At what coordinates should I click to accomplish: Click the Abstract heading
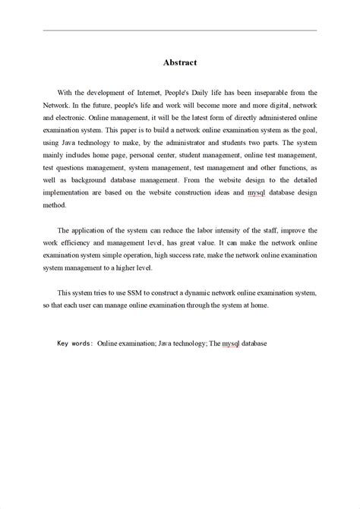[179, 64]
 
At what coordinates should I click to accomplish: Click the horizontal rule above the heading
[179, 30]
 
